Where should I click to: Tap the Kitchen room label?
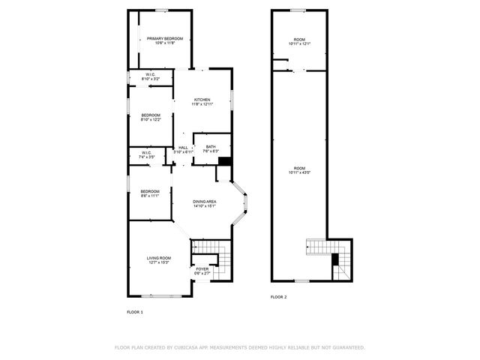tap(202, 102)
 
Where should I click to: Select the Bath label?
tap(210, 148)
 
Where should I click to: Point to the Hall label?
tap(183, 149)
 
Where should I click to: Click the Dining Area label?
tap(205, 203)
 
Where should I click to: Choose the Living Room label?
tap(158, 259)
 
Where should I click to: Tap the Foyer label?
tap(202, 270)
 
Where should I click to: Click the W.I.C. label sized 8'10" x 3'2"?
tap(150, 76)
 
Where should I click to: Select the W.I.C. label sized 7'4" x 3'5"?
tap(146, 154)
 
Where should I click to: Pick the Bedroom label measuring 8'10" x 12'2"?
tap(151, 117)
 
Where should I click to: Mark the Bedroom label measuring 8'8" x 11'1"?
tap(150, 193)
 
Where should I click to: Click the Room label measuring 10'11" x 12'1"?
tap(299, 42)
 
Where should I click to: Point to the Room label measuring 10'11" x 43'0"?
tap(299, 170)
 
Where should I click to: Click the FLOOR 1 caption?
tap(135, 310)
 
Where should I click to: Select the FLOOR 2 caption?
tap(279, 297)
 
